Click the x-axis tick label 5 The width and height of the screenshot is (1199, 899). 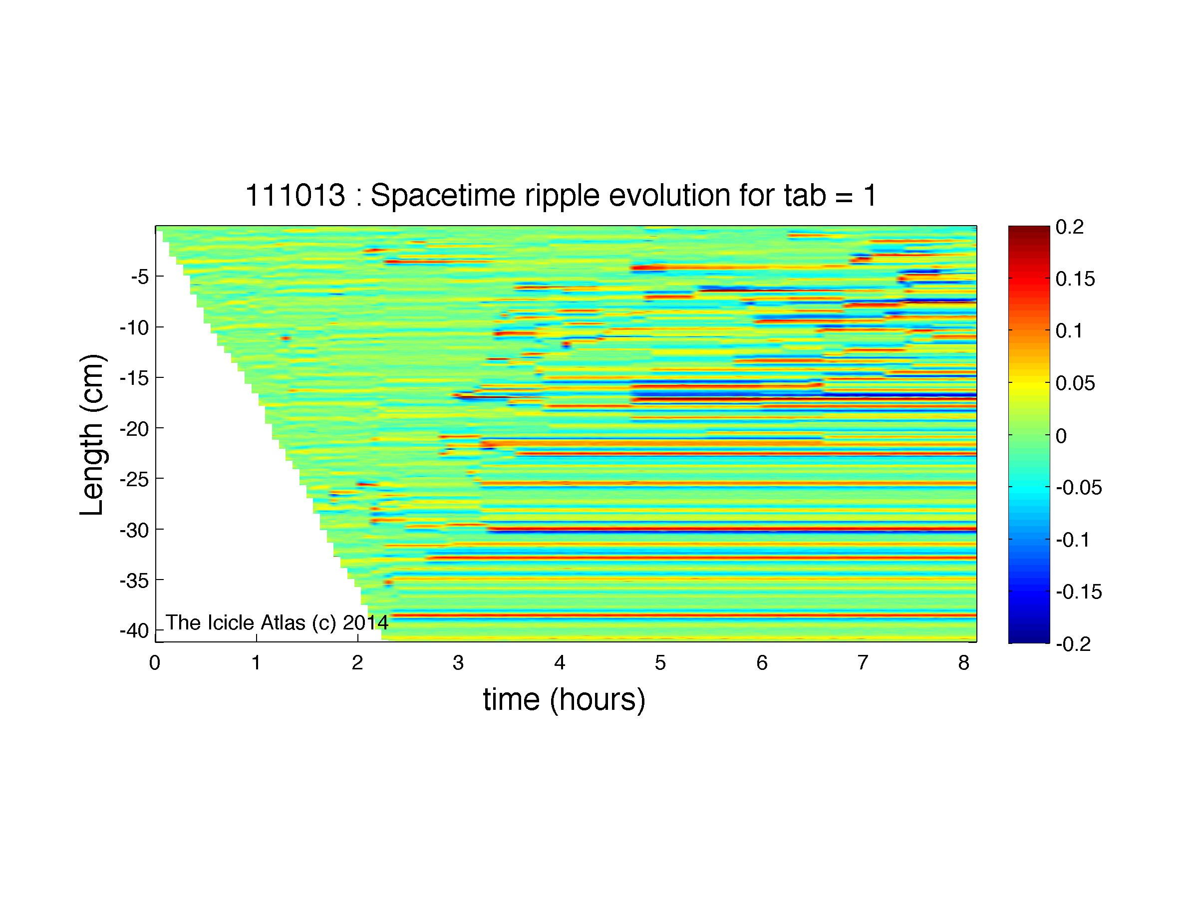[x=660, y=663]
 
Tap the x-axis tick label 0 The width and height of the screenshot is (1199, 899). [x=155, y=663]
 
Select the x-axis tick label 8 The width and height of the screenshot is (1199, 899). [x=963, y=663]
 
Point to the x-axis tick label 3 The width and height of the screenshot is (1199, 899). [x=458, y=663]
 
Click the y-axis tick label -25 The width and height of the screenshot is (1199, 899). [x=134, y=480]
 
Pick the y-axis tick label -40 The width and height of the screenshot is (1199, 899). [x=134, y=631]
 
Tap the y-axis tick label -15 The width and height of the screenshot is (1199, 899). [x=134, y=378]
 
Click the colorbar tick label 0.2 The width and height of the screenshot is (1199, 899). [x=1069, y=228]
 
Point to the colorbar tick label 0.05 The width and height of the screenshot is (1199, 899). [x=1075, y=384]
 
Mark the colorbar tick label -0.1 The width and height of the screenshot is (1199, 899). [x=1073, y=540]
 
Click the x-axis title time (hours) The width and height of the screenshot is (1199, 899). [x=564, y=700]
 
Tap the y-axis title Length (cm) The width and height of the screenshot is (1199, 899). [x=92, y=435]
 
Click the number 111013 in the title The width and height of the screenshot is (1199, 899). [x=296, y=195]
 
